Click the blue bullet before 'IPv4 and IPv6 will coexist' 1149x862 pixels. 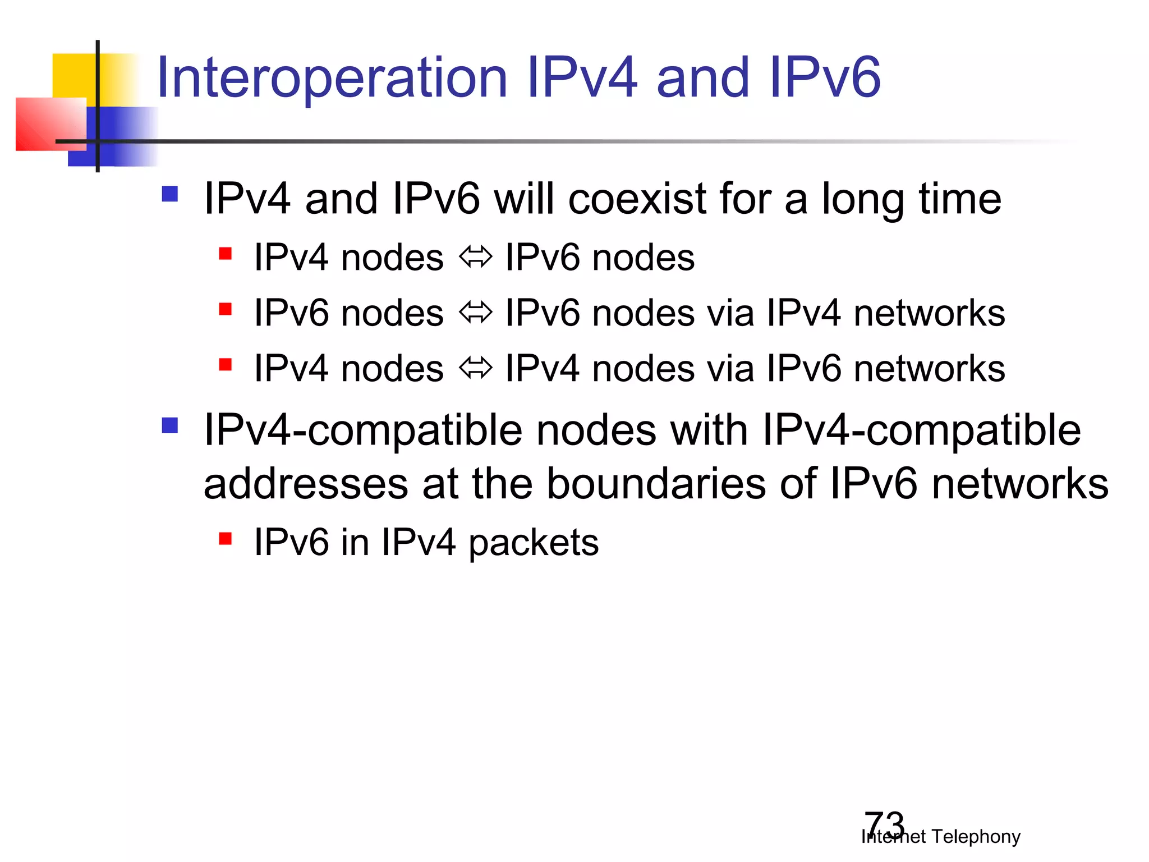click(x=169, y=194)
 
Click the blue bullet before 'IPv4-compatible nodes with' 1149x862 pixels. click(x=169, y=425)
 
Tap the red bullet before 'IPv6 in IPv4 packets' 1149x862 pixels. click(x=226, y=539)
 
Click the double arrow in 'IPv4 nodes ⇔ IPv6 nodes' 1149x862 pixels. click(x=475, y=258)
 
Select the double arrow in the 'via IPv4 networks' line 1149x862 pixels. click(x=475, y=313)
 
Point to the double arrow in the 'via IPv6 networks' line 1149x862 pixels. click(x=475, y=368)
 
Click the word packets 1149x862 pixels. click(x=534, y=543)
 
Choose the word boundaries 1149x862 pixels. click(x=656, y=484)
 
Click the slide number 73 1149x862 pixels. click(x=884, y=824)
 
